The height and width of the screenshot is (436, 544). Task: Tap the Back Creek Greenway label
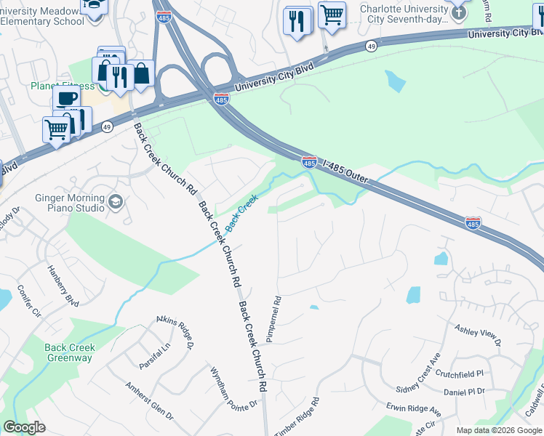click(69, 352)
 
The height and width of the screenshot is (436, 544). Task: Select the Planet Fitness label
click(63, 86)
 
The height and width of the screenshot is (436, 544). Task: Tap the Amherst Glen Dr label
click(149, 401)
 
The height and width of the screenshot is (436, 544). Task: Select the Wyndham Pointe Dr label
click(233, 387)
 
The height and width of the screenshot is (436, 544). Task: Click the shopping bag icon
click(141, 73)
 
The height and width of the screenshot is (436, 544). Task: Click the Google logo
click(24, 427)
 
